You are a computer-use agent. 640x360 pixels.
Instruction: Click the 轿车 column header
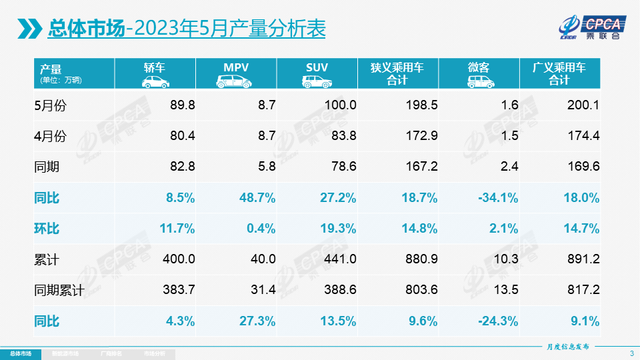tap(155, 67)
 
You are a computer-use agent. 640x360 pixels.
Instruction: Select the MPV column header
tap(236, 67)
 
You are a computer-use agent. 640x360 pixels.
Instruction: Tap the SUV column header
tap(317, 67)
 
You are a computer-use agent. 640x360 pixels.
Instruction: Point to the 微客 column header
tap(478, 67)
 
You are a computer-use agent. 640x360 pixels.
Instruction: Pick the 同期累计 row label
tap(59, 291)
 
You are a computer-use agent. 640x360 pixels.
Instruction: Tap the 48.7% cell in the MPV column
tap(257, 198)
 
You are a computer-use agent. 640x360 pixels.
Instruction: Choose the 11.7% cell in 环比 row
tap(177, 229)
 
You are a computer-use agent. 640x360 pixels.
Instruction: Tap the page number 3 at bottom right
tap(631, 353)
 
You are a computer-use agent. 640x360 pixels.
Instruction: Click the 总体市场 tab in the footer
tap(20, 353)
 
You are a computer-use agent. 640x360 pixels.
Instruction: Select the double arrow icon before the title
tap(30, 28)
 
